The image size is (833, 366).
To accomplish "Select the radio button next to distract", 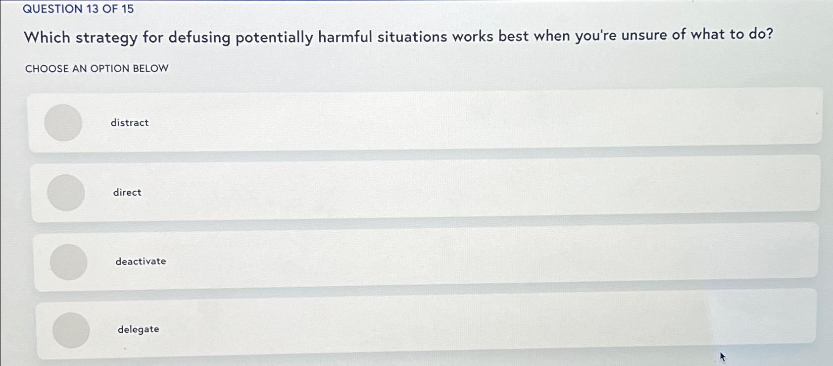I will (63, 122).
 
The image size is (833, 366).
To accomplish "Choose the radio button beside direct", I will (66, 192).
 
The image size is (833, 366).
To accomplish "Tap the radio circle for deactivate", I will (69, 261).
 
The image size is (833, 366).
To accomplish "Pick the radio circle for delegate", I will (71, 330).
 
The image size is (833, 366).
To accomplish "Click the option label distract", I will (130, 122).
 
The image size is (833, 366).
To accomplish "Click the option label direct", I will (127, 192).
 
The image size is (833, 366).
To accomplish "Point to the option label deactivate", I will (141, 261).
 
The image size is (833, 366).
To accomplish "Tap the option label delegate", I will (138, 329).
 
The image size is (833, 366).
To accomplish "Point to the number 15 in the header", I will (127, 9).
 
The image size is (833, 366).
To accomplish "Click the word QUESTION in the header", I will (52, 9).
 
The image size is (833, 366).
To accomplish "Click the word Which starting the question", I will (47, 37).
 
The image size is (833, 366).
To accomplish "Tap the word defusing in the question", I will (199, 38).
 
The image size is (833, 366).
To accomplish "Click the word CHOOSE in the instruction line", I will (47, 68).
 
